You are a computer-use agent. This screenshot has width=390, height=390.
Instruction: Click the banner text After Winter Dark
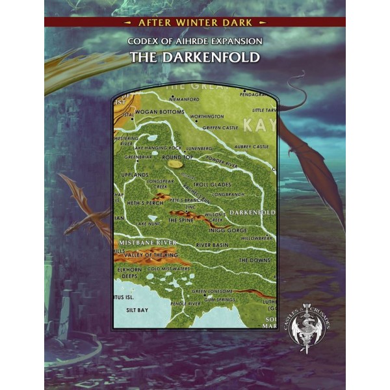tap(194, 21)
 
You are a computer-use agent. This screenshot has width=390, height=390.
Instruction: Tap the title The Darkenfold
tap(194, 57)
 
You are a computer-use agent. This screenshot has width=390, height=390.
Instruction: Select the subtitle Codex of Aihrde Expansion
tap(194, 41)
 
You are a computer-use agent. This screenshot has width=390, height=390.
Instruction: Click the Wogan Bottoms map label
tap(159, 112)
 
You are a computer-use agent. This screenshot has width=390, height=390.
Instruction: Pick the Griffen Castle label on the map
tap(220, 128)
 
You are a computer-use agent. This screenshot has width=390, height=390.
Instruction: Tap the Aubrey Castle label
tap(252, 147)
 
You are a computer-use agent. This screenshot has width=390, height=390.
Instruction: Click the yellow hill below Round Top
tap(175, 164)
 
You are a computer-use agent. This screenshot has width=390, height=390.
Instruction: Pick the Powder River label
tap(223, 157)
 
